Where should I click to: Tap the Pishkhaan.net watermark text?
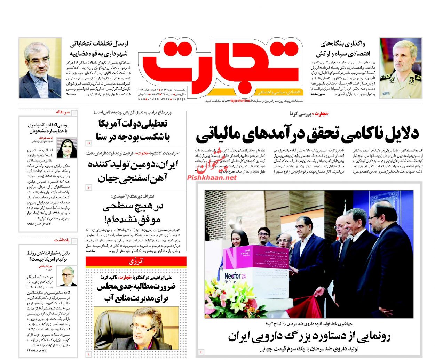click(212, 177)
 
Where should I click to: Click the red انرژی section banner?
click(136, 261)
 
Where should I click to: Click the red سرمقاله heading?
click(63, 112)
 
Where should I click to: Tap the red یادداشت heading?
click(62, 240)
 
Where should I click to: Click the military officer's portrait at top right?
click(400, 68)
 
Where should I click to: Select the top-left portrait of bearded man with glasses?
click(40, 69)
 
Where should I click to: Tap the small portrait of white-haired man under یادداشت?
click(68, 277)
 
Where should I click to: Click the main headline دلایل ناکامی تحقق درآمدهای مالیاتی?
click(307, 134)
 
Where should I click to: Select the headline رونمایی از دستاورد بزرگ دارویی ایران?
click(309, 336)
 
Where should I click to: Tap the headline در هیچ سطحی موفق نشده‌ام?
click(133, 213)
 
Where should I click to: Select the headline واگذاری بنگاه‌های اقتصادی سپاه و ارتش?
click(343, 49)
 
